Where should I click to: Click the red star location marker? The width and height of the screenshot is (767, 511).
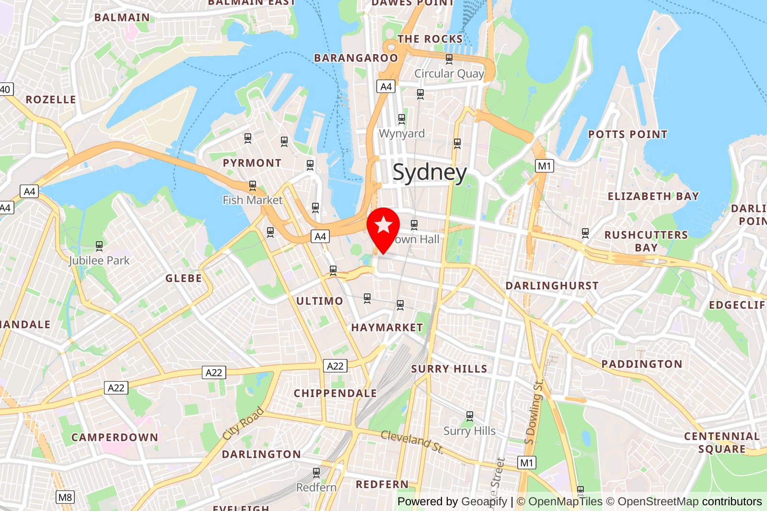pyautogui.click(x=383, y=225)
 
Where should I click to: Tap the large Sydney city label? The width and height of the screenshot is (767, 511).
pyautogui.click(x=430, y=172)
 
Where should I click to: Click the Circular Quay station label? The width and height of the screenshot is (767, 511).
pyautogui.click(x=449, y=74)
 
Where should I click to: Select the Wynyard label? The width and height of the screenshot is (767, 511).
pyautogui.click(x=402, y=133)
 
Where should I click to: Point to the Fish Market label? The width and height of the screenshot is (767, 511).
pyautogui.click(x=253, y=200)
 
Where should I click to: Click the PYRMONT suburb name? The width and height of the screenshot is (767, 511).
pyautogui.click(x=252, y=163)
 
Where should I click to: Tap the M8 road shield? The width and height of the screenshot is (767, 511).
pyautogui.click(x=65, y=497)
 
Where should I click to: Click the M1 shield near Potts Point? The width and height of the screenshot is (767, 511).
pyautogui.click(x=545, y=166)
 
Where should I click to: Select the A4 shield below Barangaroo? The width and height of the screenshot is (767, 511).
pyautogui.click(x=386, y=86)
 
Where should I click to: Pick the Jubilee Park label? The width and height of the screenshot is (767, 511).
pyautogui.click(x=99, y=261)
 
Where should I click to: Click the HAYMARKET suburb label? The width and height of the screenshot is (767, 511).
pyautogui.click(x=387, y=328)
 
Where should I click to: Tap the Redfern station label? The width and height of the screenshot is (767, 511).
pyautogui.click(x=316, y=488)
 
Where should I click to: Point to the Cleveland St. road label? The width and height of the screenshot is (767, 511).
pyautogui.click(x=412, y=441)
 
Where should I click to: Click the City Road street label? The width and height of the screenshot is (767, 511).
pyautogui.click(x=244, y=423)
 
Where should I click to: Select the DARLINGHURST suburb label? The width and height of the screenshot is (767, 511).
pyautogui.click(x=552, y=286)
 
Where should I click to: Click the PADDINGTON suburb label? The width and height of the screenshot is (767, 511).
pyautogui.click(x=642, y=364)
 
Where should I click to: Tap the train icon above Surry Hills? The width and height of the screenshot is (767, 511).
pyautogui.click(x=470, y=416)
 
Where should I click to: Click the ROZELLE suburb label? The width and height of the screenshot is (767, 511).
pyautogui.click(x=51, y=100)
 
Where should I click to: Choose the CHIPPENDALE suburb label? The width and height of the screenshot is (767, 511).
pyautogui.click(x=335, y=394)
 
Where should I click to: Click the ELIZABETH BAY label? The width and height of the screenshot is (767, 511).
pyautogui.click(x=653, y=197)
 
